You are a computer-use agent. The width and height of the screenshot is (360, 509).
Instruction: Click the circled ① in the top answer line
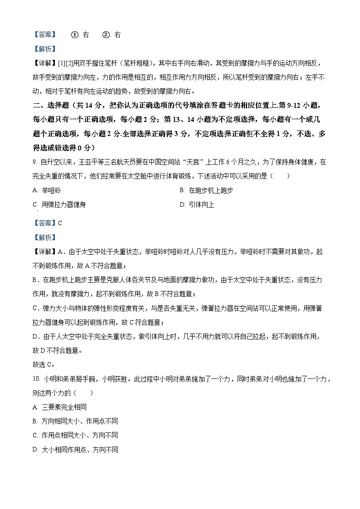point(75,34)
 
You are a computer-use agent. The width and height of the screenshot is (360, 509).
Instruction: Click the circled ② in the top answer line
point(106,34)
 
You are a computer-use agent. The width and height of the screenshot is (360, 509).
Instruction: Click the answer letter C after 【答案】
point(60,223)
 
